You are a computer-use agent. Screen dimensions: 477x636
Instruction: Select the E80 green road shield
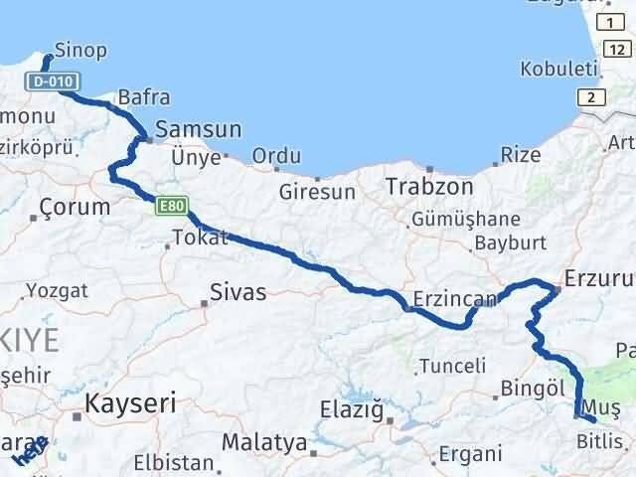pos(170,207)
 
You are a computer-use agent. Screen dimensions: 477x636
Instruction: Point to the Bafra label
pos(143,97)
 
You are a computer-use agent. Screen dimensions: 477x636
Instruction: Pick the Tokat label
pos(200,238)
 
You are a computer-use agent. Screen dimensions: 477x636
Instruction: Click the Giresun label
pos(317,192)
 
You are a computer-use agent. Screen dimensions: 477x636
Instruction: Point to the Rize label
pos(521,154)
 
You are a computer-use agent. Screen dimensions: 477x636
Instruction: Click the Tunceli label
pos(452,366)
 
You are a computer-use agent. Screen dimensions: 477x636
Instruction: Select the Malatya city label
pos(263,442)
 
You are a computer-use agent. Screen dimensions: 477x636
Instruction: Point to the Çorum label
pos(75,207)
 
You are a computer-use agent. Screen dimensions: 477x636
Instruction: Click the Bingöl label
pos(533,387)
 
